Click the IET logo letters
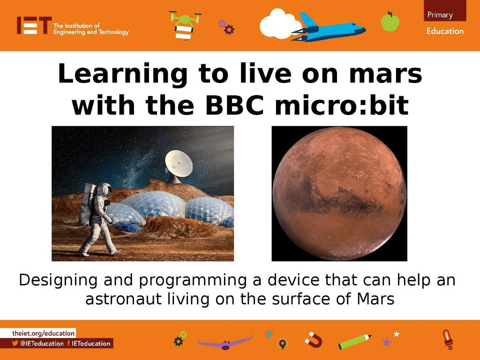click(34, 25)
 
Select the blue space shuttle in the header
click(329, 28)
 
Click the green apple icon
click(390, 22)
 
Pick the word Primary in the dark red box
click(440, 15)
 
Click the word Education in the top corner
click(445, 31)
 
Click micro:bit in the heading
click(342, 105)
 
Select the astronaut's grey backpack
click(87, 204)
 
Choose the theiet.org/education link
click(43, 333)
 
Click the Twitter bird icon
click(15, 343)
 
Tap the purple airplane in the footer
click(225, 343)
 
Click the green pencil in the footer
click(354, 342)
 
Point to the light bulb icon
click(448, 339)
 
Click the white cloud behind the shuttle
click(279, 24)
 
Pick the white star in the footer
click(397, 334)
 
